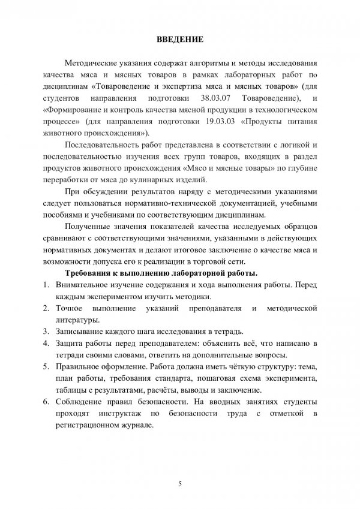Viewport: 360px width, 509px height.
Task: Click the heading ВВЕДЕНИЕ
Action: (x=179, y=40)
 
